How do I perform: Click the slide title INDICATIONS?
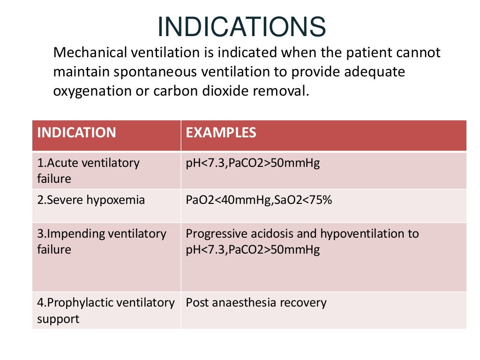(x=241, y=27)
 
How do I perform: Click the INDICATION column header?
(x=76, y=133)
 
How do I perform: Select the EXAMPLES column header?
(x=221, y=133)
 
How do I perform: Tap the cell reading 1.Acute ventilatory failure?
(x=88, y=171)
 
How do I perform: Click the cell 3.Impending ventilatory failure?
(x=101, y=241)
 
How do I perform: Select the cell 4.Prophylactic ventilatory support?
(x=105, y=310)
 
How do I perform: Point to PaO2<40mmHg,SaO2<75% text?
(x=259, y=200)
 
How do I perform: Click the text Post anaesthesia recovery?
(x=256, y=302)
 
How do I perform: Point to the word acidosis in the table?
(x=268, y=233)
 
